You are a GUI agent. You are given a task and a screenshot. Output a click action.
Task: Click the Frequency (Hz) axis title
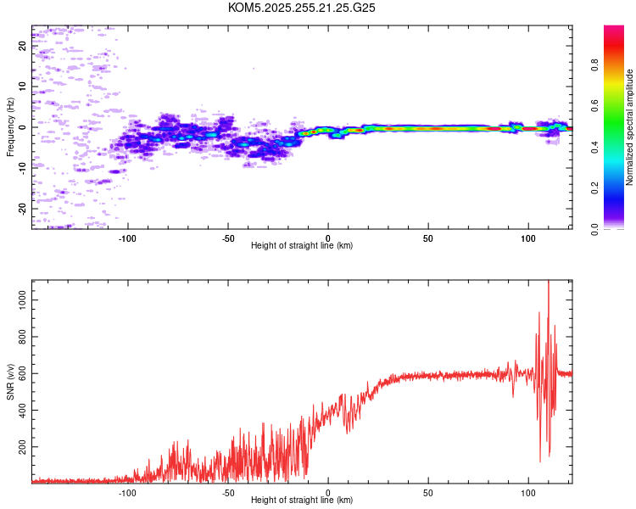tap(10, 127)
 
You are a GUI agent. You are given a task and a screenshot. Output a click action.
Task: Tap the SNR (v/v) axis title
tap(10, 382)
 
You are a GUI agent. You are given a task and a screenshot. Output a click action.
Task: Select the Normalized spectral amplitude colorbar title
tap(630, 127)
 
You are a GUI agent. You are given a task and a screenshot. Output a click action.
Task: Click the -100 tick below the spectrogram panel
tap(128, 238)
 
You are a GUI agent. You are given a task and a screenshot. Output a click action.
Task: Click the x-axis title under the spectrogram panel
tap(302, 246)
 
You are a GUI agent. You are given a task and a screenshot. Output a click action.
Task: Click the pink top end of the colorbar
tap(614, 30)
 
